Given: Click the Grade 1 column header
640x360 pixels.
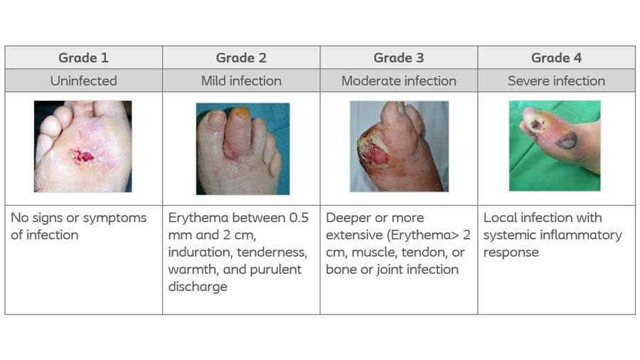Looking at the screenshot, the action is point(84,58).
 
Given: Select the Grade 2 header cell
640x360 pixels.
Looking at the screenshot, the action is point(241,58).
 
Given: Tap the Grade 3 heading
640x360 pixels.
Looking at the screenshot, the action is point(399,58).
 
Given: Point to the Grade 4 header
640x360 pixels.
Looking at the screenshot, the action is point(556,58).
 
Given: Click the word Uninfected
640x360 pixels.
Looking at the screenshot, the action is point(84,81).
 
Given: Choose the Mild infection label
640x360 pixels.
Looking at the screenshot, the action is point(241,81).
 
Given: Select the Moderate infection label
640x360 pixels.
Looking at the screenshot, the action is point(399,81).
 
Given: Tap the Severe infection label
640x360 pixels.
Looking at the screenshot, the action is point(556,81).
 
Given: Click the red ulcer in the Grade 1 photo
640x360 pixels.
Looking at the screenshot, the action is point(84,157).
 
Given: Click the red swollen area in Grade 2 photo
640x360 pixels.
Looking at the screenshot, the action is point(231,150).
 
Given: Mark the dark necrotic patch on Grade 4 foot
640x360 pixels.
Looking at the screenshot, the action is point(566,141).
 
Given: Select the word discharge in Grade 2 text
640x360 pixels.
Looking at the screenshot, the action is point(198,287).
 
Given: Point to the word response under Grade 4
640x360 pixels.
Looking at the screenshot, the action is point(511,253).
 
